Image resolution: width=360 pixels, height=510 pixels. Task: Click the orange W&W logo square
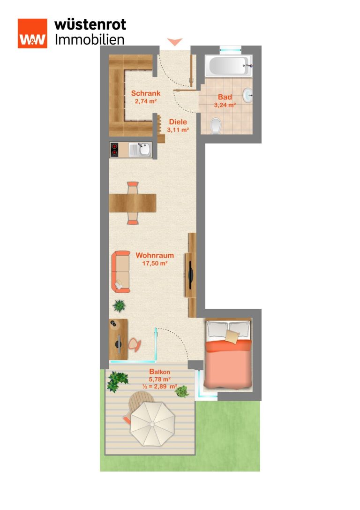click(32, 33)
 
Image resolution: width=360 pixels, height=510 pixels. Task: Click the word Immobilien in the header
click(90, 40)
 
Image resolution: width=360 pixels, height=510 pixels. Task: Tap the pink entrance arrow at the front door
click(175, 42)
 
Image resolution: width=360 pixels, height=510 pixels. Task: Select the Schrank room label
click(146, 93)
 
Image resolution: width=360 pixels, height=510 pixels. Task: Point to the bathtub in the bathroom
click(229, 66)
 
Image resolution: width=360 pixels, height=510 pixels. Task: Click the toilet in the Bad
click(216, 126)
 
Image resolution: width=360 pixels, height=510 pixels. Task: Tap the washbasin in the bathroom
click(248, 96)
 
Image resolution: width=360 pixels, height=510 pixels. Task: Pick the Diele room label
click(178, 122)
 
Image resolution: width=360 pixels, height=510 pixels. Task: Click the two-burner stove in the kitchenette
click(114, 150)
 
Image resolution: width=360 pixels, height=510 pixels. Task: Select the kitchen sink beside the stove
click(140, 150)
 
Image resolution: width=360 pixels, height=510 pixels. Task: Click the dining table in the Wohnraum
click(133, 203)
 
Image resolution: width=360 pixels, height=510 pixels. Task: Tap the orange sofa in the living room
click(121, 272)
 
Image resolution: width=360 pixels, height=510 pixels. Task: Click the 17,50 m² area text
click(155, 263)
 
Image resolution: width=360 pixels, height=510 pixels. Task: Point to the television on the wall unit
click(191, 275)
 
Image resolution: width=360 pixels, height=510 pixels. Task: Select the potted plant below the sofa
click(119, 306)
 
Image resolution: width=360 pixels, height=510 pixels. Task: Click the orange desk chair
click(135, 345)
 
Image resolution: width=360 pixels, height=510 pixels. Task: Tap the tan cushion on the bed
click(232, 337)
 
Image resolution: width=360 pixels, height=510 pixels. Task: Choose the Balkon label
click(159, 372)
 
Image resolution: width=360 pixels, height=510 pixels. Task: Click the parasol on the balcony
click(152, 424)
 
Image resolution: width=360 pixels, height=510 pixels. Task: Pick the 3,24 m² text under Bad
click(225, 105)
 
